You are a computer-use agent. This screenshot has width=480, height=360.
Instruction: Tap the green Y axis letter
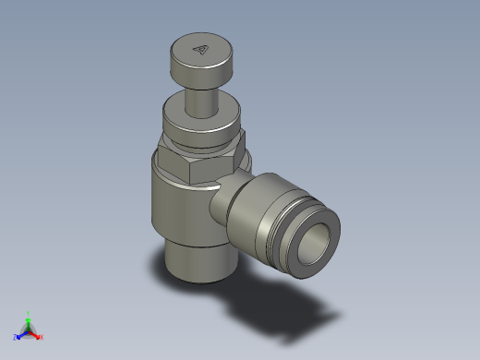pyautogui.click(x=29, y=312)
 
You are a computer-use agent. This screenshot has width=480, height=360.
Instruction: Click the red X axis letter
pyautogui.click(x=41, y=337)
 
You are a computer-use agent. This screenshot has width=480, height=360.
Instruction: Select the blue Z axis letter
pyautogui.click(x=16, y=337)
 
